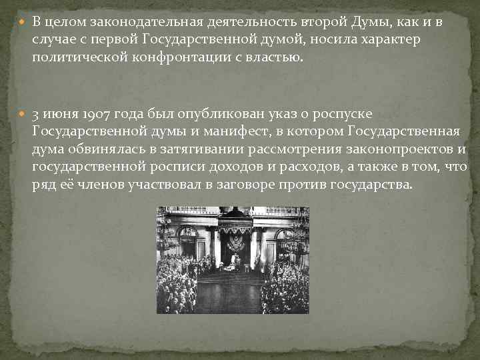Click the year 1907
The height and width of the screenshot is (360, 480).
[92, 114]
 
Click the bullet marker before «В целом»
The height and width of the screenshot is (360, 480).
[23, 23]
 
